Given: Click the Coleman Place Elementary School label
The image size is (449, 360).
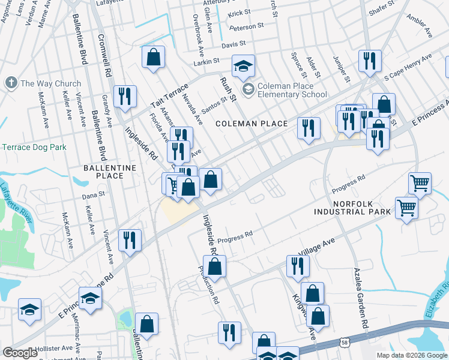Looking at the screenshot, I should click(292, 90).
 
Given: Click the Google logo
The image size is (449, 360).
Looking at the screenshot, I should click(20, 353).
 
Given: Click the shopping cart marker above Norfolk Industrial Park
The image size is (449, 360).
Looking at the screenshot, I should click(420, 182).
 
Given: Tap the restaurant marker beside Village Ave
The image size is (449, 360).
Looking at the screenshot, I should click(297, 265).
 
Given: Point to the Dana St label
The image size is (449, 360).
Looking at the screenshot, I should click(93, 194).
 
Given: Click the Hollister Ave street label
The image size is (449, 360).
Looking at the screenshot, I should click(54, 348).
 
